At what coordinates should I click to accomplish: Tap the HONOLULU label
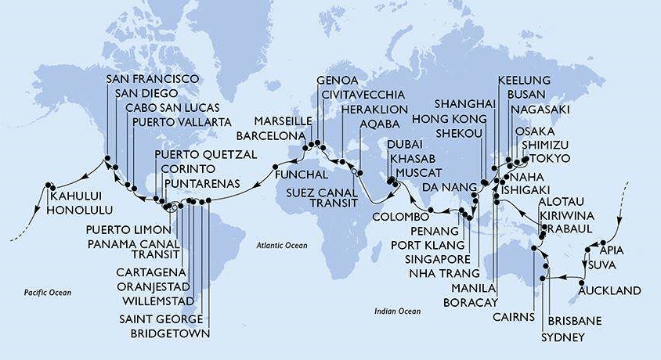click(x=78, y=210)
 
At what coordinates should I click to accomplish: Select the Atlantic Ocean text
click(x=283, y=246)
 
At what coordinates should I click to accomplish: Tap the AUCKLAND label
click(x=609, y=291)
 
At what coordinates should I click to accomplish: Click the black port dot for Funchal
click(x=276, y=167)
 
